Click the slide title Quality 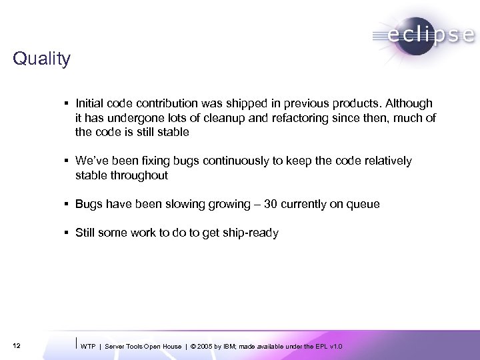pos(41,59)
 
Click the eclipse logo pos(423,34)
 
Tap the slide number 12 pos(16,345)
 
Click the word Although pos(409,103)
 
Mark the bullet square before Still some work pos(69,233)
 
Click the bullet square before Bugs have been pos(69,204)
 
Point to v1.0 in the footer pos(338,346)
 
